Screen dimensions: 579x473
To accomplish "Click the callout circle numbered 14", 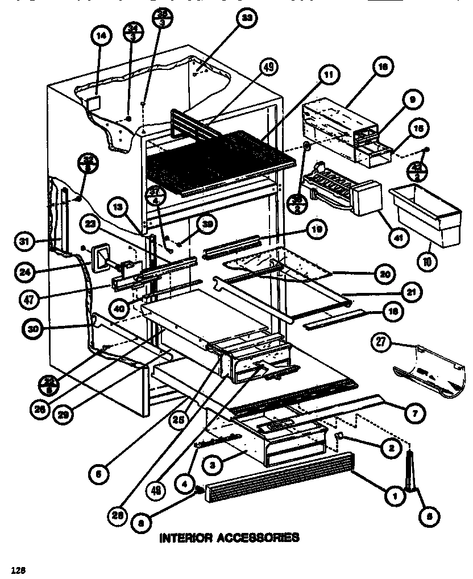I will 100,36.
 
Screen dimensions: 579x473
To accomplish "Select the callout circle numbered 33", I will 246,18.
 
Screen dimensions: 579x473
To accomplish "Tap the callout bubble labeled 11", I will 329,74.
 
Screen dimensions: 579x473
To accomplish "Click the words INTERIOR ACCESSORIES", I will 229,537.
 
